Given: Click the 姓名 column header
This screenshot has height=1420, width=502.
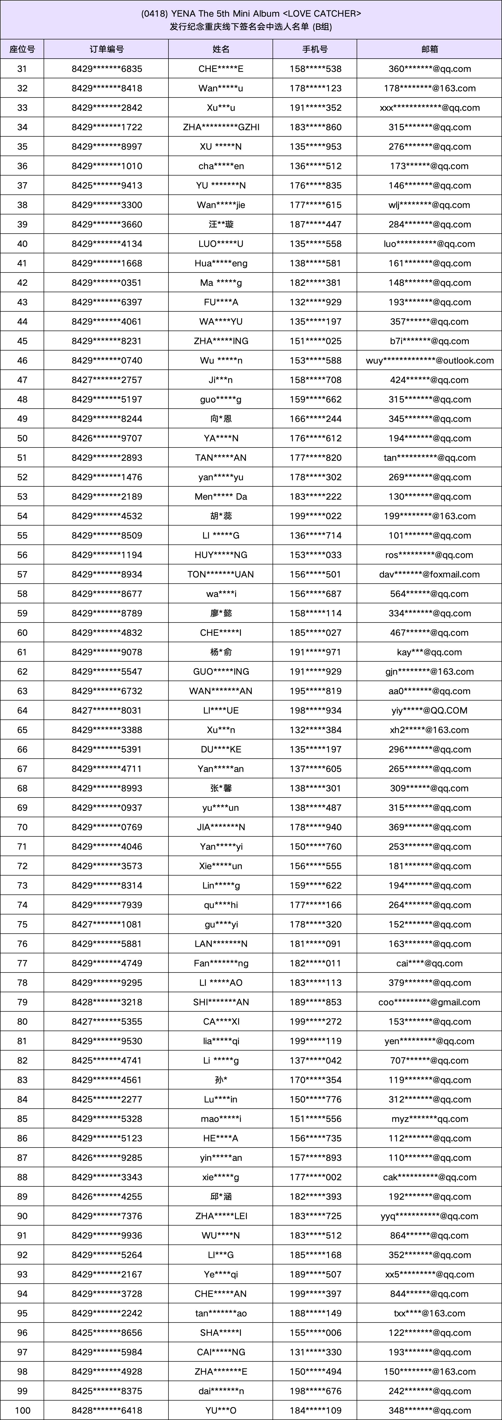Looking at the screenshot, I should click(x=221, y=49).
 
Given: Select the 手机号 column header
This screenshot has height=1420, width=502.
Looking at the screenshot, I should click(x=315, y=49).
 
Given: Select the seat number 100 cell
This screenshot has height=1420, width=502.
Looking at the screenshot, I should click(x=22, y=1410).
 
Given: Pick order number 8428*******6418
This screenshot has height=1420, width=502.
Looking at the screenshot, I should click(x=106, y=1410).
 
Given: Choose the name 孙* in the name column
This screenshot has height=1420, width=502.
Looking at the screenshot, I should click(x=221, y=1080).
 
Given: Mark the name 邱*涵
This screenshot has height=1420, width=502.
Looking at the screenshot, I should click(x=221, y=1196).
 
